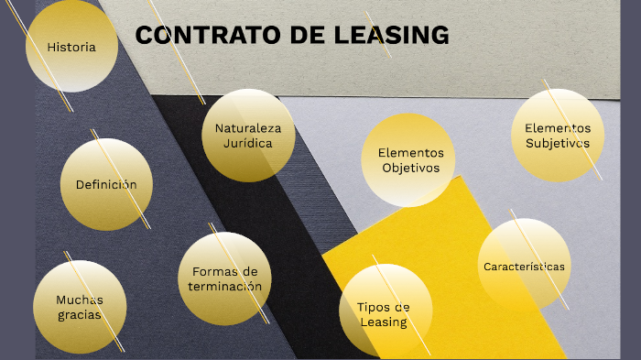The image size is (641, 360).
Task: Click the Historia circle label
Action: click(71, 47)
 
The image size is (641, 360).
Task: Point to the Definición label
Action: click(106, 184)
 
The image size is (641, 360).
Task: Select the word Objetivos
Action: click(410, 168)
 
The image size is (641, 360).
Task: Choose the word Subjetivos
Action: click(558, 143)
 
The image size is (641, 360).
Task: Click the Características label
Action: click(524, 267)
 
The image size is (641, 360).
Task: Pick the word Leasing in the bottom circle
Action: click(384, 322)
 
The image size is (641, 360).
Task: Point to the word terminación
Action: click(225, 286)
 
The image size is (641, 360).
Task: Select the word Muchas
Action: click(80, 300)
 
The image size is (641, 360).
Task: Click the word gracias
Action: click(79, 315)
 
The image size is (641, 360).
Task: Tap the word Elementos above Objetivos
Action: click(410, 153)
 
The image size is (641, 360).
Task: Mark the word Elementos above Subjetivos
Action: click(558, 128)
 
